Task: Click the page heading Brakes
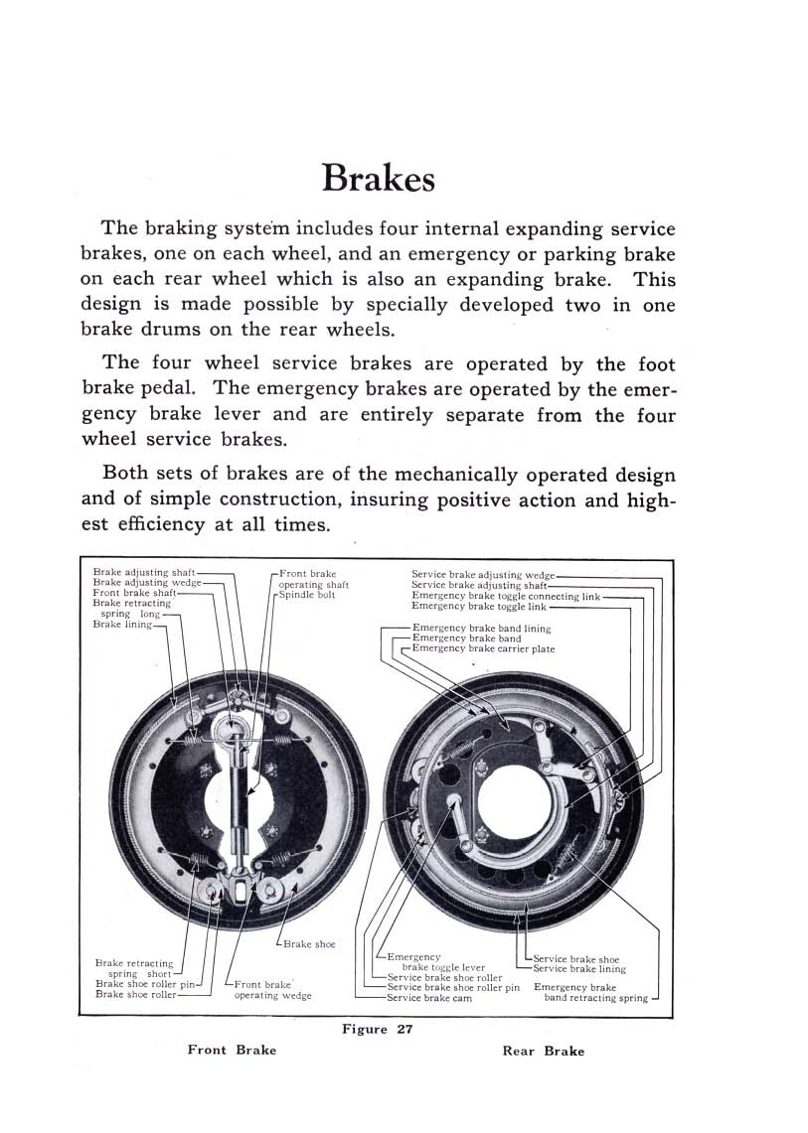(379, 180)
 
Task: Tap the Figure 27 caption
(377, 1029)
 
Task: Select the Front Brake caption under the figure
(232, 1050)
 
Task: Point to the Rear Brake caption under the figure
(544, 1051)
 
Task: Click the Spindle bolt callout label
(307, 595)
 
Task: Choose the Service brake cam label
(429, 998)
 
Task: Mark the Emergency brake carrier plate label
(483, 649)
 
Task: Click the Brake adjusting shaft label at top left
(144, 573)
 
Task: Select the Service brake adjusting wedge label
(483, 574)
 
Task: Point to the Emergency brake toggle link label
(479, 606)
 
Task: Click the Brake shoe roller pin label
(145, 984)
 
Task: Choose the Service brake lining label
(579, 969)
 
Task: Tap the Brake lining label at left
(122, 625)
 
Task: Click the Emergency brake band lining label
(481, 629)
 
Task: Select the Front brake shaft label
(134, 593)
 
